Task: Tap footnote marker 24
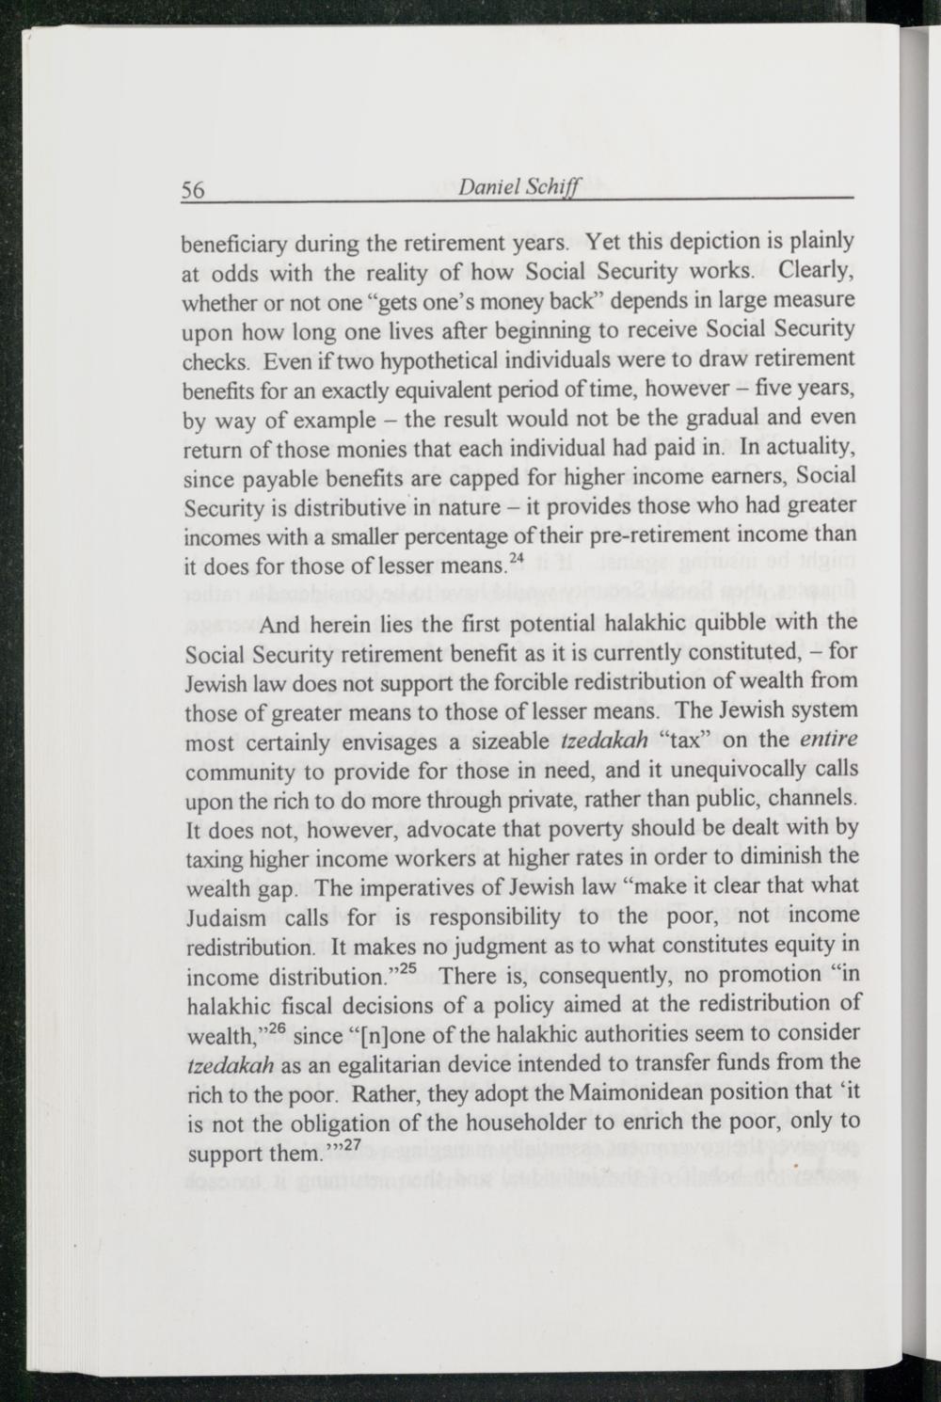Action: pos(516,559)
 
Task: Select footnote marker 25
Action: pos(407,968)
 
